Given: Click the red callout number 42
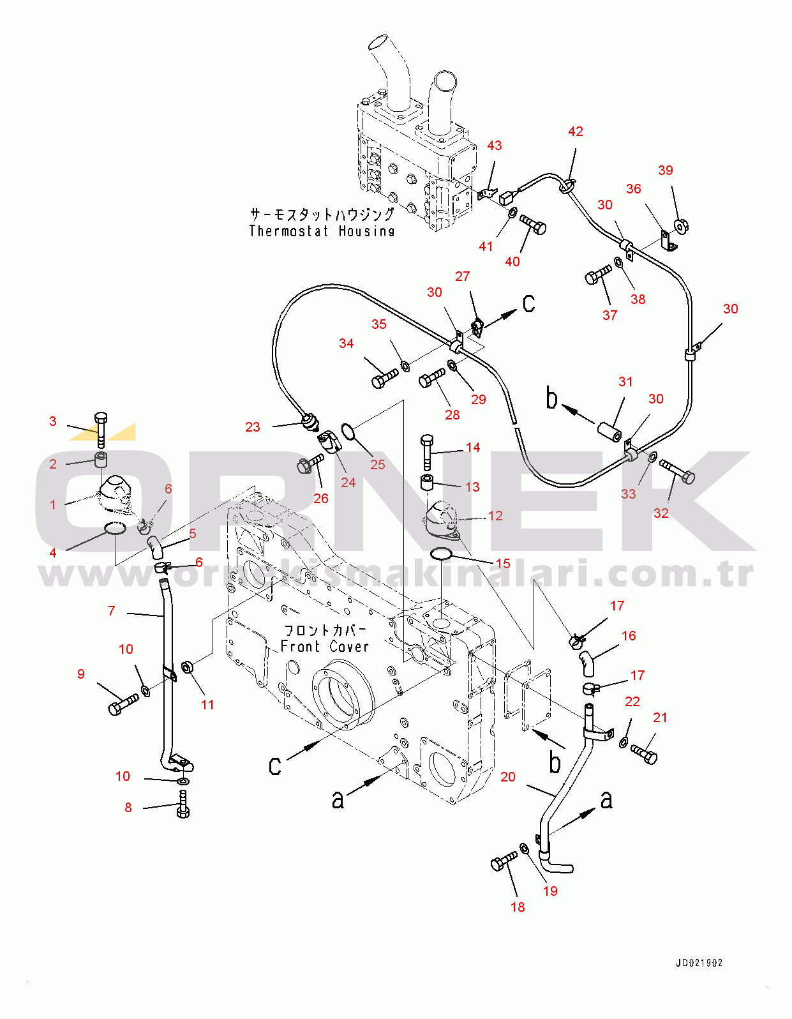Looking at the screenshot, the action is (x=576, y=132).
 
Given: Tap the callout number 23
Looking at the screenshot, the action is (x=253, y=427).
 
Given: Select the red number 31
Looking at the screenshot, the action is (x=625, y=382).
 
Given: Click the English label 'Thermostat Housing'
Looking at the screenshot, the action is (x=322, y=230).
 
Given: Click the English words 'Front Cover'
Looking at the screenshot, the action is (x=325, y=647).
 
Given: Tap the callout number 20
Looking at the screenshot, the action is (x=508, y=777).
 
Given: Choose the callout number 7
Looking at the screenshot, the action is (x=112, y=610).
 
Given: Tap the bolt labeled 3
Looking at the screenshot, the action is (x=101, y=430).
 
